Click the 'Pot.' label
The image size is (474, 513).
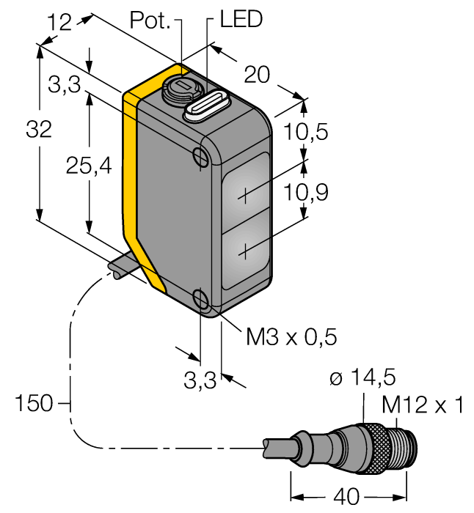tap(150, 20)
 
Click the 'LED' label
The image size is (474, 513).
tap(241, 20)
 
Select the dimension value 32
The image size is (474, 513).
tap(39, 130)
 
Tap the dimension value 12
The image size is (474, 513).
tap(59, 22)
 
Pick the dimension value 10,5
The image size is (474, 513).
tap(307, 133)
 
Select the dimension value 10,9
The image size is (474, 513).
tap(307, 193)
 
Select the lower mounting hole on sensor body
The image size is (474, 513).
tap(200, 298)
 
